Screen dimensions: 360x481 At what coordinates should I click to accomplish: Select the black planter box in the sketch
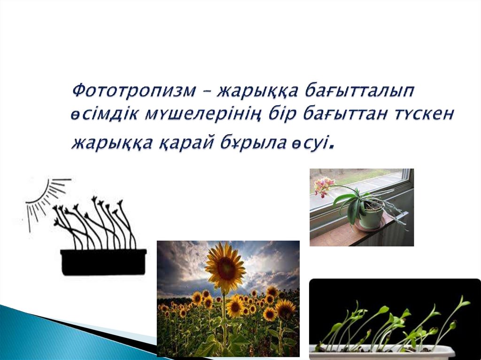pyautogui.click(x=103, y=261)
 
